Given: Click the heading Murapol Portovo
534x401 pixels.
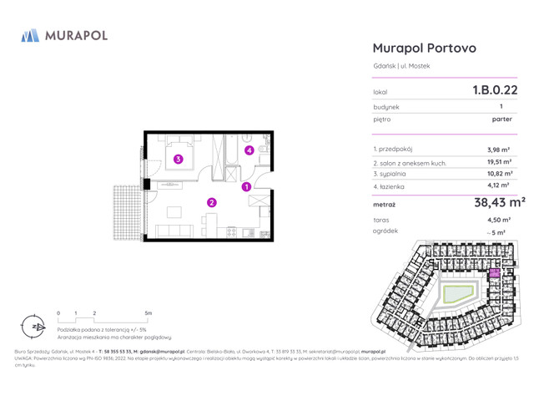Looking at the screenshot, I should tap(424, 48).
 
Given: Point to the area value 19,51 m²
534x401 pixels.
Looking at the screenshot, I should tap(499, 163).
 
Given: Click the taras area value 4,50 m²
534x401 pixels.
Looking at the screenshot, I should tap(499, 219).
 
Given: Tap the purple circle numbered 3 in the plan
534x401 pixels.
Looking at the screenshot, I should tap(178, 159).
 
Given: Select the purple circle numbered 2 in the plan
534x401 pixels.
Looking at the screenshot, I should tap(212, 201).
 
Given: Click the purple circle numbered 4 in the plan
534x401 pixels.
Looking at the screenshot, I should tap(248, 150).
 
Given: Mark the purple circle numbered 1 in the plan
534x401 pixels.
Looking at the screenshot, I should tap(246, 187).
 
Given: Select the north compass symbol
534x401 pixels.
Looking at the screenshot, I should tap(32, 326).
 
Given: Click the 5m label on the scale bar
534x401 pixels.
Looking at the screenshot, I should tap(149, 312).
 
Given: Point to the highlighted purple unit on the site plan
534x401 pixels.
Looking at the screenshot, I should tap(494, 274).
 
